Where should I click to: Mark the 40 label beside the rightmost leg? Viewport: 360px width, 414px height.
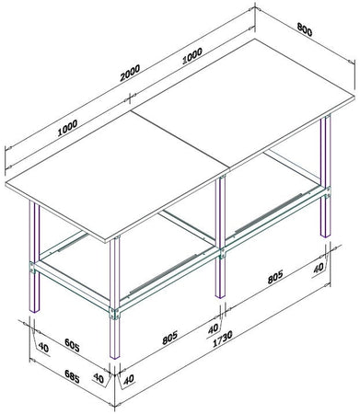click(x=319, y=270)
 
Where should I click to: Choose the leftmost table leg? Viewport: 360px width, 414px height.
click(x=35, y=248)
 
